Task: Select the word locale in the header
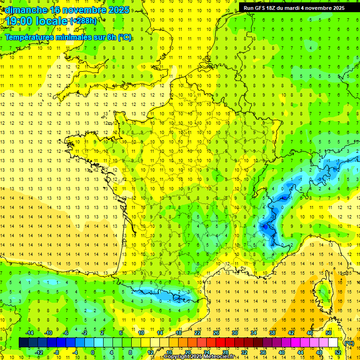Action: click(52, 21)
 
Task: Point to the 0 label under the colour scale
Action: click(93, 352)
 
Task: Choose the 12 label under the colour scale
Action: click(150, 352)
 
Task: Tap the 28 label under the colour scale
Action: click(225, 352)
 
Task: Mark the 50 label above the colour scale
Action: click(329, 333)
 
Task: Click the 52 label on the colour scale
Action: click(338, 352)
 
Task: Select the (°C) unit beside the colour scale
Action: click(349, 343)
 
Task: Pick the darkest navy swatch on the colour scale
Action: click(23, 343)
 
